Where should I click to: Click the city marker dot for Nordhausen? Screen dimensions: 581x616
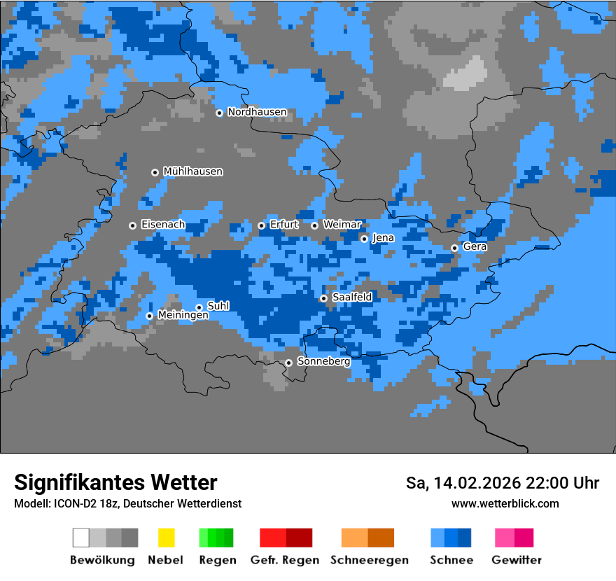(x=219, y=113)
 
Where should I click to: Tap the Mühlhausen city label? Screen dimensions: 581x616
(x=192, y=171)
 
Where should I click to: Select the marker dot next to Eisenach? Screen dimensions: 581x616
(x=132, y=225)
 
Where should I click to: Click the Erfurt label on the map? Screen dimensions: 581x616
(x=283, y=225)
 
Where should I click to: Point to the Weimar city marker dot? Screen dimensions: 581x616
(x=314, y=225)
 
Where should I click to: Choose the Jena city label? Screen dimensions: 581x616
(x=383, y=238)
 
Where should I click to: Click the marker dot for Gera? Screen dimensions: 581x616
(x=454, y=248)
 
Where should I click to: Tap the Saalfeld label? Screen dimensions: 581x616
(x=351, y=297)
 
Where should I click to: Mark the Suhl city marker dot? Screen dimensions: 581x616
(x=199, y=307)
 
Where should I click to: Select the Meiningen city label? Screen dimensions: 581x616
(x=183, y=316)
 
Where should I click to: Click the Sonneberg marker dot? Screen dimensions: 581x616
(x=288, y=363)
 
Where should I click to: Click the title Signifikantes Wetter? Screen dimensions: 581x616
(x=115, y=482)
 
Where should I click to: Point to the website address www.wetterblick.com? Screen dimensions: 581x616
(x=505, y=503)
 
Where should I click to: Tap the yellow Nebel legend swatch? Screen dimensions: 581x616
(x=166, y=538)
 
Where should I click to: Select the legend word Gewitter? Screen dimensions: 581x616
(x=517, y=560)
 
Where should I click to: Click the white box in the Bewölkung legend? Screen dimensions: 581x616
(x=81, y=538)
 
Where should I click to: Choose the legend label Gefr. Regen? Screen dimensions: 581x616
(x=285, y=560)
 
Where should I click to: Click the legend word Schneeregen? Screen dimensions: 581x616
(x=369, y=560)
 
